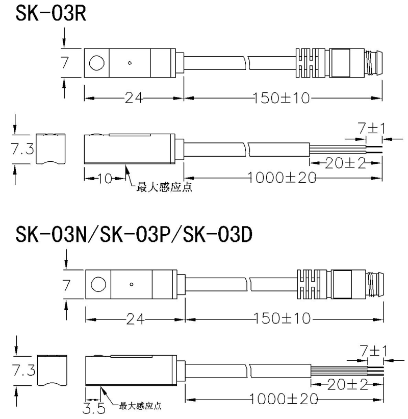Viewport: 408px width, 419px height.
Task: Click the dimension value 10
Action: coord(105,178)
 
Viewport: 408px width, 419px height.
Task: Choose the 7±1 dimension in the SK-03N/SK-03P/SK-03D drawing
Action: coord(371,351)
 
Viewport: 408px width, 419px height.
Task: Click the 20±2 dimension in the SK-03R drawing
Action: coord(346,163)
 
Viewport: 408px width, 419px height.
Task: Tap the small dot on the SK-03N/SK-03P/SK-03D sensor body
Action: coord(132,284)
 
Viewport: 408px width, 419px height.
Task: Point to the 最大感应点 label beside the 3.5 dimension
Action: coord(140,406)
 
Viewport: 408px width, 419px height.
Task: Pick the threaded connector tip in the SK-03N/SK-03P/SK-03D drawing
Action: coord(375,284)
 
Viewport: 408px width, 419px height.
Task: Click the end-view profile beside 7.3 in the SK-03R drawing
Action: coord(52,149)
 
